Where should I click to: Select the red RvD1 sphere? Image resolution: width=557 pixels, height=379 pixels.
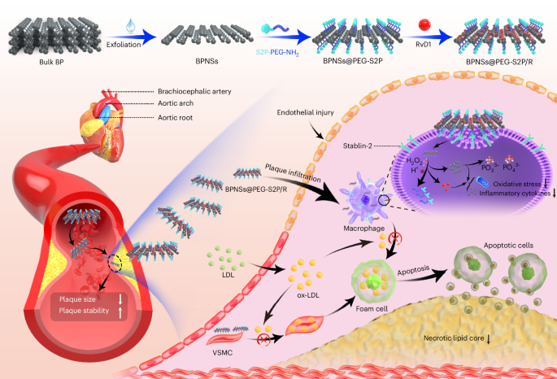pos(401,11)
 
